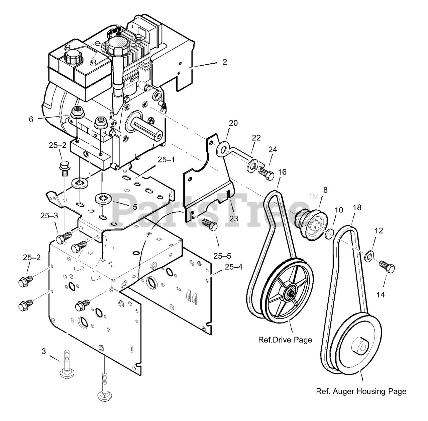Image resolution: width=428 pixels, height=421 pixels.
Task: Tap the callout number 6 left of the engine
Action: [x=31, y=119]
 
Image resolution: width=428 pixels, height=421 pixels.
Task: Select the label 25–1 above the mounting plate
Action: [x=167, y=160]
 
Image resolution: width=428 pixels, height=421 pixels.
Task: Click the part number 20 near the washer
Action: [x=233, y=123]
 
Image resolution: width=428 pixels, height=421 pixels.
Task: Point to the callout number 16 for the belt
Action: [x=282, y=172]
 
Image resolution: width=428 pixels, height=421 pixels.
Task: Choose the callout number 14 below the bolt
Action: [x=381, y=294]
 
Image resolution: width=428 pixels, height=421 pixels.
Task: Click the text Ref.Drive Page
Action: [x=285, y=340]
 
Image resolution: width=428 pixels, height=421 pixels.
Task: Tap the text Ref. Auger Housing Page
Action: [x=361, y=391]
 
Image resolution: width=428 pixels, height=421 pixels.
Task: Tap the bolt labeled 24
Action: [x=266, y=173]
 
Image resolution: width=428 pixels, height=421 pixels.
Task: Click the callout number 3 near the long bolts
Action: [x=44, y=351]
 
